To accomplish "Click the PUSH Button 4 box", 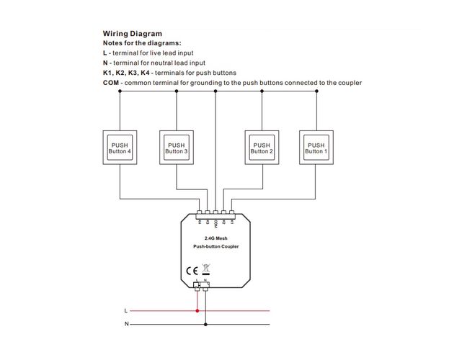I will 120,148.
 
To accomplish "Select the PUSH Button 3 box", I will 177,148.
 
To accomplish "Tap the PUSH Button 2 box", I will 262,148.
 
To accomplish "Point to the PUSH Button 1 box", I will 316,148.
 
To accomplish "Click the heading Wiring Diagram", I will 132,33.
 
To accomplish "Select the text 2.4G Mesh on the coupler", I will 216,238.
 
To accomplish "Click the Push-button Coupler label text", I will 216,247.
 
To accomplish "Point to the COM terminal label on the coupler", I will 216,224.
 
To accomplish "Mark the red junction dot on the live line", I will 198,311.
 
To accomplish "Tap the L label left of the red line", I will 126,311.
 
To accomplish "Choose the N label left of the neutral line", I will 126,325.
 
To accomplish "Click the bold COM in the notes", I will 111,83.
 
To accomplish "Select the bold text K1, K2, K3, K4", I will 126,73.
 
